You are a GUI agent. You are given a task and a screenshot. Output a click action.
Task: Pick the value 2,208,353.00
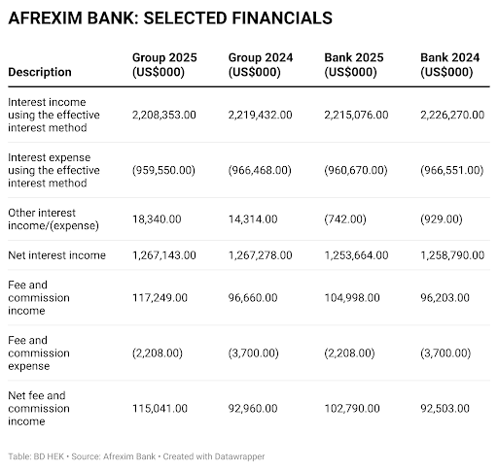click(x=164, y=115)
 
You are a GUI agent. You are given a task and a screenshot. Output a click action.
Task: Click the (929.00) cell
click(x=440, y=219)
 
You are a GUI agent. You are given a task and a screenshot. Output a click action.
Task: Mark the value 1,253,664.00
click(x=357, y=255)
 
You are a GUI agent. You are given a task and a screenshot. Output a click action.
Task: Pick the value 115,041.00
click(x=160, y=409)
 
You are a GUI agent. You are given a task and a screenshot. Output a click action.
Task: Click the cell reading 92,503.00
click(x=445, y=409)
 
